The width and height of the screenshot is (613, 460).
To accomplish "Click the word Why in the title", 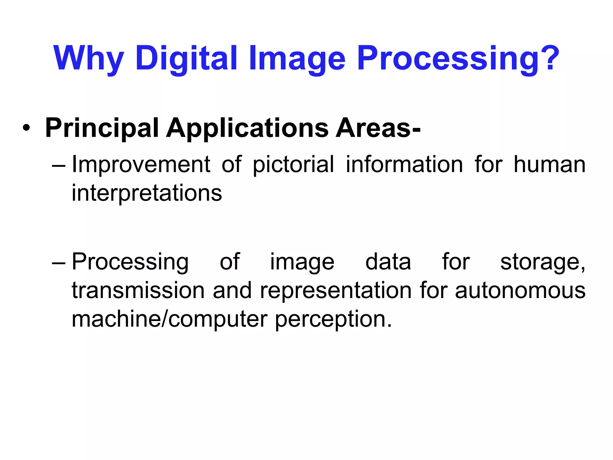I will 89,58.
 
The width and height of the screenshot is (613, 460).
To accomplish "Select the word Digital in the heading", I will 186,58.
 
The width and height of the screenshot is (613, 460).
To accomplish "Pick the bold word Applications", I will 247,128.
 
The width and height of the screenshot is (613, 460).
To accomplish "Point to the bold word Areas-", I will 378,128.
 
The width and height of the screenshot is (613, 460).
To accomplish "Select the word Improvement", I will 141,164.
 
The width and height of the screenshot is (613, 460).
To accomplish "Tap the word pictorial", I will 293,165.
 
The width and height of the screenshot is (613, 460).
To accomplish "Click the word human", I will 550,164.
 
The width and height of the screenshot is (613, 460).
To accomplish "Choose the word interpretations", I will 147,193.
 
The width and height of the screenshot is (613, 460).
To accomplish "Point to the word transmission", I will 138,290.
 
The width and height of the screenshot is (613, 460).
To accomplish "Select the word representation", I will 336,291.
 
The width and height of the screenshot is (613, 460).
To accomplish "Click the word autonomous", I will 520,290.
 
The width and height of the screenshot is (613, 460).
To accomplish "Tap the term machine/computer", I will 169,319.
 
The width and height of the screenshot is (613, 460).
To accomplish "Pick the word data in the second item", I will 388,262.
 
